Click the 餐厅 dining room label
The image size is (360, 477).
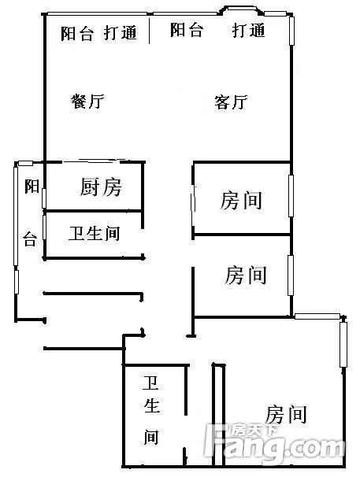click(x=87, y=102)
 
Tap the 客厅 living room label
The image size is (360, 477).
click(x=231, y=102)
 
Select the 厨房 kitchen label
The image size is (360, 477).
click(x=101, y=187)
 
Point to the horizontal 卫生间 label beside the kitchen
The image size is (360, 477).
click(x=94, y=234)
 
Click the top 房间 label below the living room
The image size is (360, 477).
click(x=241, y=201)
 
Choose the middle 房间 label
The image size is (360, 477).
click(x=246, y=275)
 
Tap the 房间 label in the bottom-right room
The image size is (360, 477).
click(x=286, y=414)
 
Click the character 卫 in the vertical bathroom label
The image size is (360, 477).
click(x=151, y=383)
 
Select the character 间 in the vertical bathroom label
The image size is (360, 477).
click(x=151, y=437)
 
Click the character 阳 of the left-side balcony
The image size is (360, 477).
click(x=32, y=187)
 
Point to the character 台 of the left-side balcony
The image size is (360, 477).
click(x=30, y=239)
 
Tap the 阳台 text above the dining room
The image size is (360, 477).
click(x=77, y=34)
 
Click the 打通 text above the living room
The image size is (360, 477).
click(x=248, y=31)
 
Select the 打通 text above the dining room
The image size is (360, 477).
click(x=121, y=33)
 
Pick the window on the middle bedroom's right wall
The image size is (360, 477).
click(x=291, y=275)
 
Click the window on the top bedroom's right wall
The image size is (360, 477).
click(x=291, y=196)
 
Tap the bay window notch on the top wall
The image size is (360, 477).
click(x=241, y=10)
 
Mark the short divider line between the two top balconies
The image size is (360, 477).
click(x=149, y=31)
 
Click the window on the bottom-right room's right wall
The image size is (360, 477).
click(x=343, y=344)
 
